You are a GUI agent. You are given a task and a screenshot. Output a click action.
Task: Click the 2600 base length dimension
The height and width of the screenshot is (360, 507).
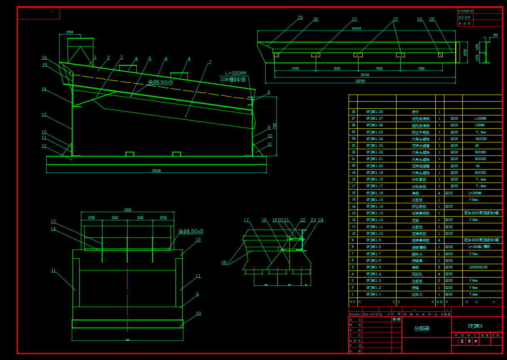156,170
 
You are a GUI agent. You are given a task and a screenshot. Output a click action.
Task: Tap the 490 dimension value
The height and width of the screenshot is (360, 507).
295,68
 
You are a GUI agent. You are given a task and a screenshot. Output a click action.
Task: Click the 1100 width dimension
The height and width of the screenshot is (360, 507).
127,210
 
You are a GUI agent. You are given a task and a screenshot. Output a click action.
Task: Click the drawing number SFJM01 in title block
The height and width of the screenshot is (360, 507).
475,326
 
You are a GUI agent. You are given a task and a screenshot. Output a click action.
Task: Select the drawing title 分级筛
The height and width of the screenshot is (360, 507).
422,328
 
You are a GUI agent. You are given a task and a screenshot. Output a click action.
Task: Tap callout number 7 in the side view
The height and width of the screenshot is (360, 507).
210,62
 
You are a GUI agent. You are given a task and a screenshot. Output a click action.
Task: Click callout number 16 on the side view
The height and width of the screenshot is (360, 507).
44,58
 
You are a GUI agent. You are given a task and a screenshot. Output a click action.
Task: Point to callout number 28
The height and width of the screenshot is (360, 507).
432,19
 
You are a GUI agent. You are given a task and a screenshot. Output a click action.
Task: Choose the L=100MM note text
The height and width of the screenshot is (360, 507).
236,73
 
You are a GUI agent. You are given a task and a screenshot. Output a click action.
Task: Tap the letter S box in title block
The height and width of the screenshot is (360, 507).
462,342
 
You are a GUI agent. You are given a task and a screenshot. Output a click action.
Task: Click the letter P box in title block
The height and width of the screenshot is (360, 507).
476,342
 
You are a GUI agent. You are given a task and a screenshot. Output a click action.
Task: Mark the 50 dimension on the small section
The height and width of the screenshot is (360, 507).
495,35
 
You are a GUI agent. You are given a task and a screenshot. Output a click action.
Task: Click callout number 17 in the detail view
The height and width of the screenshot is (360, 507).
246,220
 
